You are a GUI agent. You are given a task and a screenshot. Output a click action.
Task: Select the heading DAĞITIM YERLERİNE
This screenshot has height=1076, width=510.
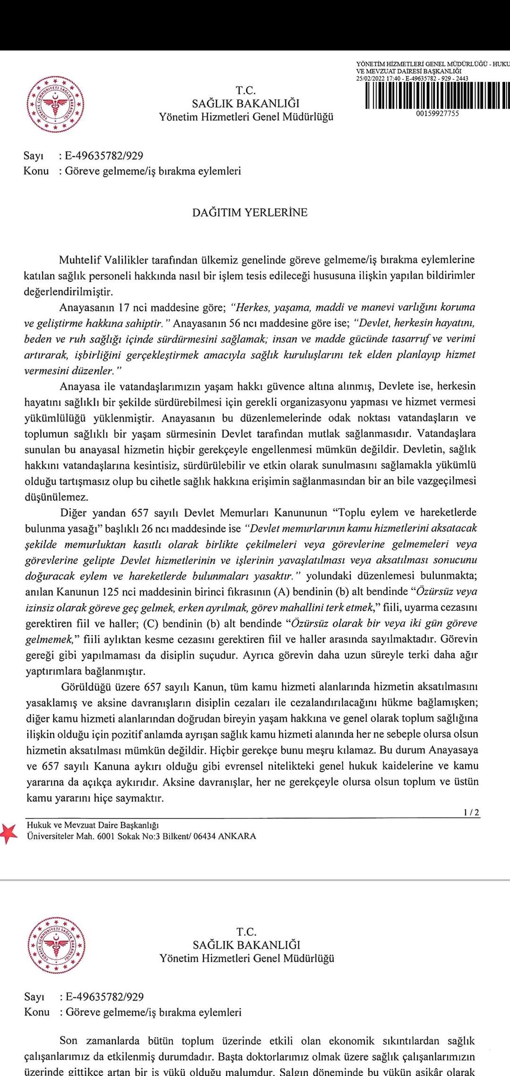[250, 212]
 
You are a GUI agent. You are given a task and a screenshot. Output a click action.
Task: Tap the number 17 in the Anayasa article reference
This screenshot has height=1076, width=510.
[124, 308]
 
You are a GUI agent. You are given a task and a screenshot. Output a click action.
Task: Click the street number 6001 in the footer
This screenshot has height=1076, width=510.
[104, 836]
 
